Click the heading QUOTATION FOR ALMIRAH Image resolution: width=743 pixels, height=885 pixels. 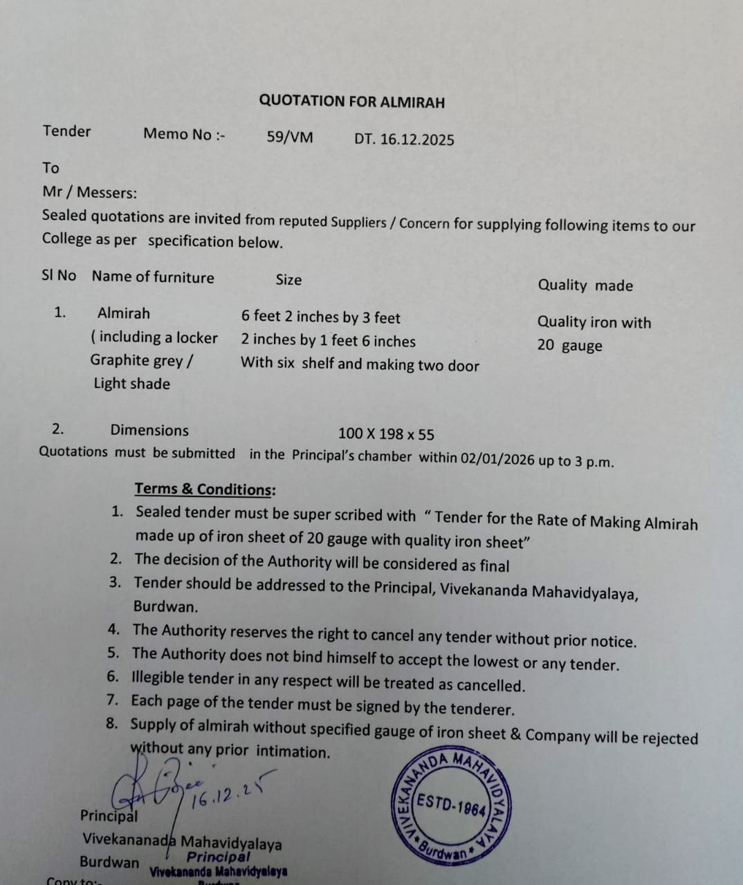click(x=351, y=102)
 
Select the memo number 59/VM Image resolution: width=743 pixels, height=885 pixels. click(x=290, y=138)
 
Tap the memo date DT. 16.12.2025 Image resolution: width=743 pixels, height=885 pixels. click(x=404, y=140)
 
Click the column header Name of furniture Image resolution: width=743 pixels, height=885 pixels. click(x=153, y=277)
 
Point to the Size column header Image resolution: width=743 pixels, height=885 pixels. click(x=288, y=280)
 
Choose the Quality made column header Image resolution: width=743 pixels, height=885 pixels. click(x=585, y=286)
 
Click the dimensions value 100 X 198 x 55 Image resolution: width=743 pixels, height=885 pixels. click(x=386, y=434)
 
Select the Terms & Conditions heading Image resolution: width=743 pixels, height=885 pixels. click(x=205, y=490)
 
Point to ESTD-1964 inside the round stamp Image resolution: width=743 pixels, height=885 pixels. click(x=453, y=807)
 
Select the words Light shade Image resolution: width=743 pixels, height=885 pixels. click(x=131, y=384)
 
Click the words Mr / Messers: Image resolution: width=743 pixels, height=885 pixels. click(x=90, y=192)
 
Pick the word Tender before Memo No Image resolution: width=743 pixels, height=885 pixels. click(x=66, y=131)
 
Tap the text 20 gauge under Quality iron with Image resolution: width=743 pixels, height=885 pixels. click(x=569, y=346)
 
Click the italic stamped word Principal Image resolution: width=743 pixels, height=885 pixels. click(x=218, y=857)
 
